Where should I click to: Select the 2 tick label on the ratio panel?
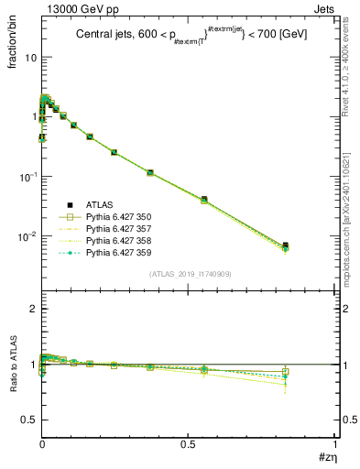33,309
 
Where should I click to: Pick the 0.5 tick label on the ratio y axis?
27,420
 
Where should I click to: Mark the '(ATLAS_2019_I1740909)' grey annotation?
188,273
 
